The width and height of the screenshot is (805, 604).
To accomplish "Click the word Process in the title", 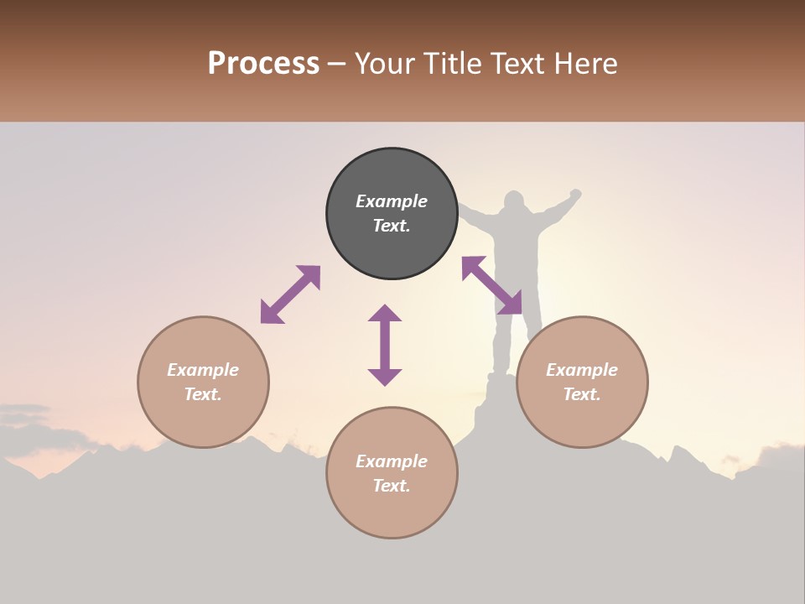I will [x=263, y=64].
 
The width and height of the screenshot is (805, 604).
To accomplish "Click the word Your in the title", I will [x=386, y=64].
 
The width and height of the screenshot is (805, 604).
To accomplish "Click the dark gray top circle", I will [x=392, y=252].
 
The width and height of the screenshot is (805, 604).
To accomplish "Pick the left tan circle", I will [x=203, y=419].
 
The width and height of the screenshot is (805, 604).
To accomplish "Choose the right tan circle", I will [x=582, y=419].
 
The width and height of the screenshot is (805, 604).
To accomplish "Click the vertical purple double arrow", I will [x=385, y=345].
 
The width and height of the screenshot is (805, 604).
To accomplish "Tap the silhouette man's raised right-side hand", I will [x=575, y=195].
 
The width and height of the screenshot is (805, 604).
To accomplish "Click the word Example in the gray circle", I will [x=392, y=201].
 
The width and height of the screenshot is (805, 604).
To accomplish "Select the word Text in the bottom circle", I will [x=391, y=486].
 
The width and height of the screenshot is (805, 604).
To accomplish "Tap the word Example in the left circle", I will [x=203, y=370].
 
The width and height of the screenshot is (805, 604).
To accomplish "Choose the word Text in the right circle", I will [x=581, y=394].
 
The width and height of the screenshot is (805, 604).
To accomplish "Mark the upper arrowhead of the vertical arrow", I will [x=385, y=313].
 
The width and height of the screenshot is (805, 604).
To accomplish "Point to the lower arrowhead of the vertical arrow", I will [x=385, y=377].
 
